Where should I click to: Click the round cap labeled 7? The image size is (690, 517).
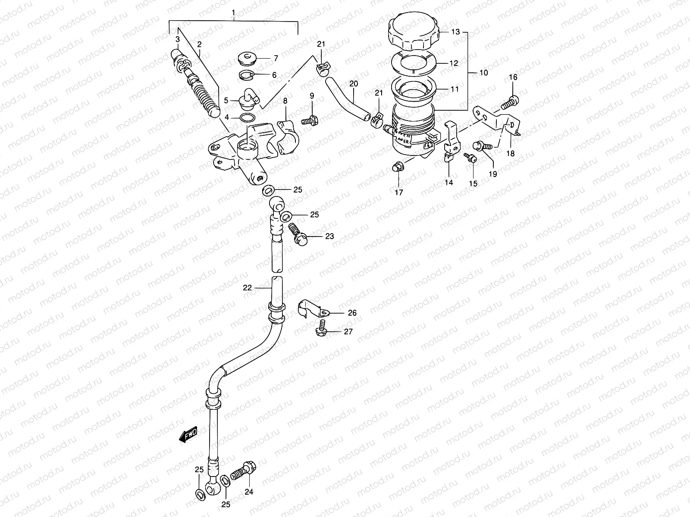pos(248,57)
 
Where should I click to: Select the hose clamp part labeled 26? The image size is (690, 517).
pos(314,307)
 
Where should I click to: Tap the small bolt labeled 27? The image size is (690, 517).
pos(323,329)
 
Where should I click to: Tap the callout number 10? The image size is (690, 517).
pos(483,73)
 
